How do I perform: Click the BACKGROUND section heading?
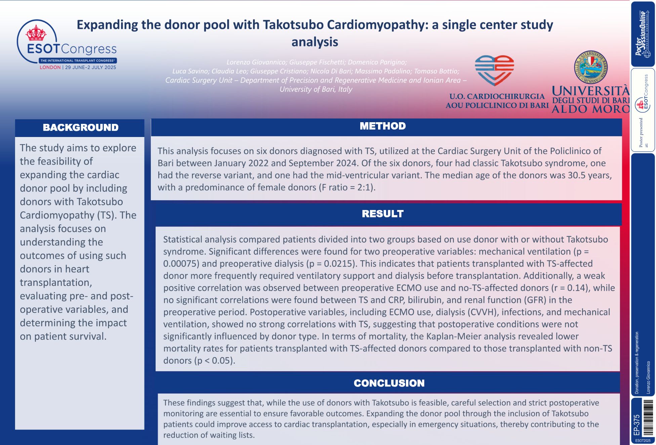point(80,128)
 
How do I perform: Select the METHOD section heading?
point(382,126)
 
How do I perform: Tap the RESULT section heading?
point(382,214)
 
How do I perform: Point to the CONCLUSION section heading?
point(389,383)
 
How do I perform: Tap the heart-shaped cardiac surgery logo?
point(494,70)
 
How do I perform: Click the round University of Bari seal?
point(590,67)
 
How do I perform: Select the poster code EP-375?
point(637,425)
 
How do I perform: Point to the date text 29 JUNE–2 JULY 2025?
point(90,67)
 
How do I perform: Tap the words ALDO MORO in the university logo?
point(590,109)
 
